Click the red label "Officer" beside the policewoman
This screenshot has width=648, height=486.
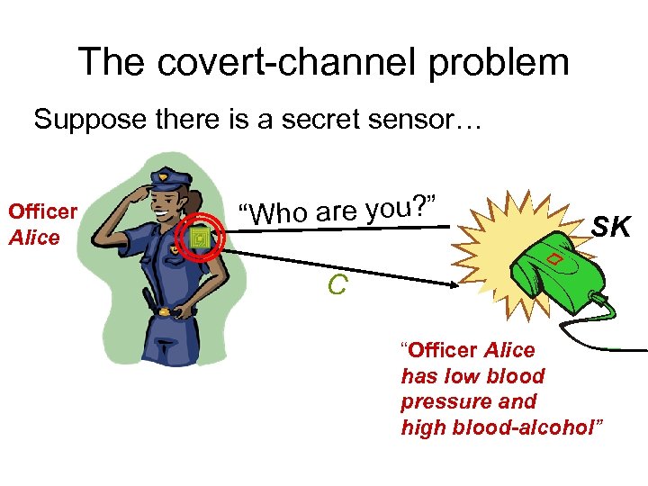(x=41, y=211)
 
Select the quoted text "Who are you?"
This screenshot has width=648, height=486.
(x=343, y=210)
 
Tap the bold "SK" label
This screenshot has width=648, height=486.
(x=611, y=229)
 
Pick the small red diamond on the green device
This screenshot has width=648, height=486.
(x=556, y=260)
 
